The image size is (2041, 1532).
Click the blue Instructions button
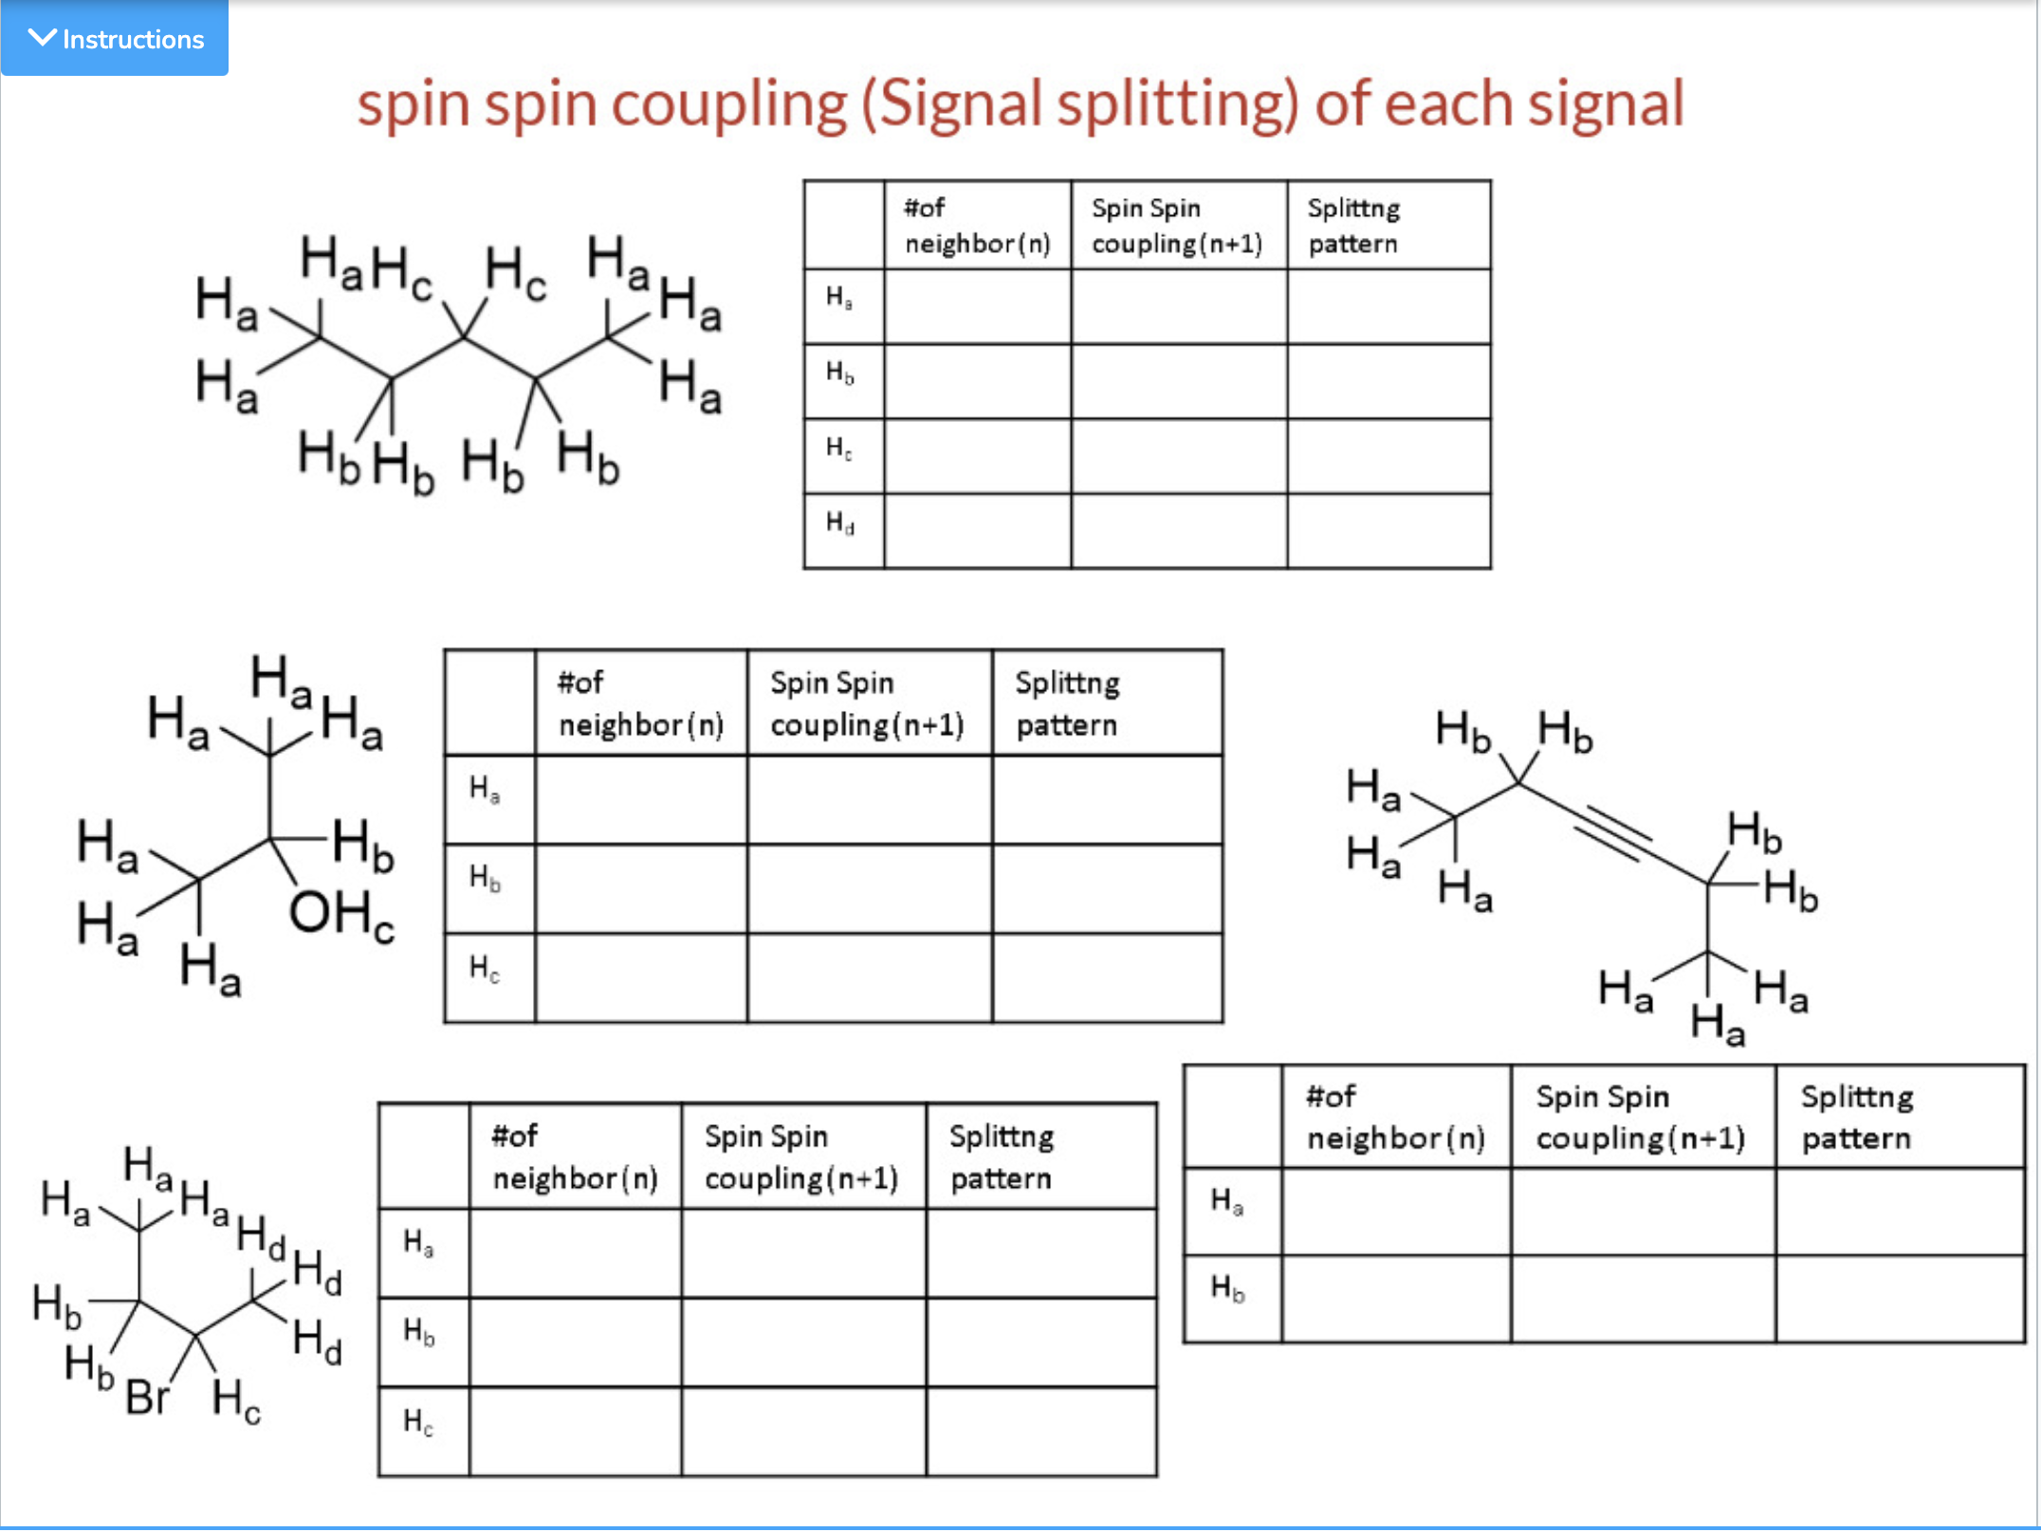(x=115, y=38)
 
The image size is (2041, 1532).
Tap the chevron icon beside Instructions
(x=42, y=38)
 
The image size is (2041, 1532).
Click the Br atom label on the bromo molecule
(x=147, y=1396)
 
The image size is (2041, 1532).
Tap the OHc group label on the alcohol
(x=340, y=915)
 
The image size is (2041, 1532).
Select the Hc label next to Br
(x=235, y=1401)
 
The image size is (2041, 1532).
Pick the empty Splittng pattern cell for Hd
(x=1388, y=530)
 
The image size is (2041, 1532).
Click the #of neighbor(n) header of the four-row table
(x=977, y=226)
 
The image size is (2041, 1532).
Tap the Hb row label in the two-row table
(x=1228, y=1288)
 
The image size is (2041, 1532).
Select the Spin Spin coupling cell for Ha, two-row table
(x=1643, y=1212)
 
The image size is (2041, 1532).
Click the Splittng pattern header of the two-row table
(x=1857, y=1117)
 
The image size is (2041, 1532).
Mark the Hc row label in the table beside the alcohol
(x=485, y=969)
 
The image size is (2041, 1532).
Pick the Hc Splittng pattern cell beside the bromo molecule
(x=1040, y=1432)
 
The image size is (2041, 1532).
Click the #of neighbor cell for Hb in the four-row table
(x=977, y=381)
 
